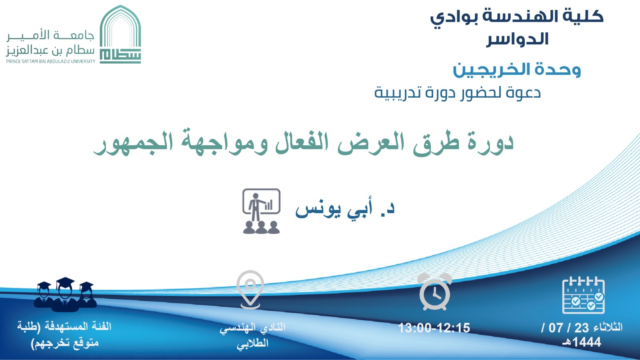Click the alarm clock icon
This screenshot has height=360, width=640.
point(434,292)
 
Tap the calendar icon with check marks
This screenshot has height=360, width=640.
point(583,295)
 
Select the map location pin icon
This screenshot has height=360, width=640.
point(250,290)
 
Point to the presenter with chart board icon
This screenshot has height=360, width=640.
point(261,211)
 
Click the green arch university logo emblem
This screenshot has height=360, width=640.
point(120,34)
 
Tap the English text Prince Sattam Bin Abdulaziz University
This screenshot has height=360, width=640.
point(50,61)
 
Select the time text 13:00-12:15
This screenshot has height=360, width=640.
point(434,328)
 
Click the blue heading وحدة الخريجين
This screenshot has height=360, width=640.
point(517,70)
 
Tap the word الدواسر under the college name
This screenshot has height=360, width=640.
point(518,39)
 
